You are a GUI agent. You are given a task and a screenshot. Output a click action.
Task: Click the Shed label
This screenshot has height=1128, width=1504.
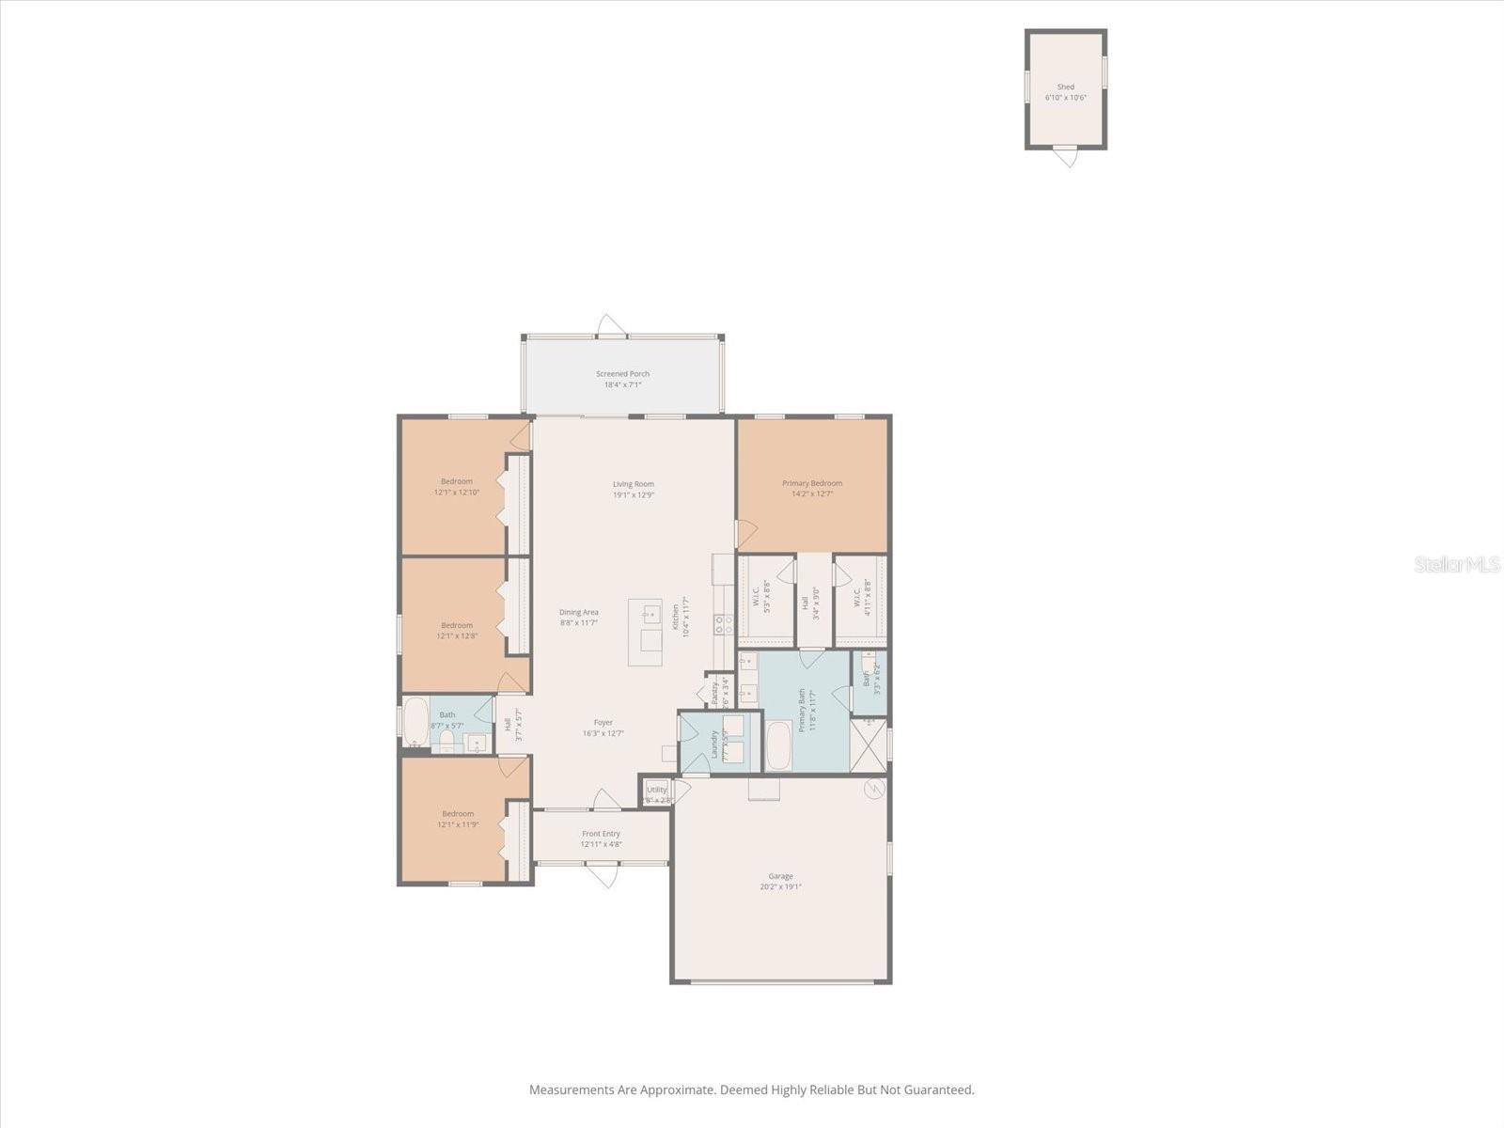coord(1065,86)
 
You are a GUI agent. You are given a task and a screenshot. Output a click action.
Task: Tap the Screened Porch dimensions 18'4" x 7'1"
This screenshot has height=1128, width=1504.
coord(622,384)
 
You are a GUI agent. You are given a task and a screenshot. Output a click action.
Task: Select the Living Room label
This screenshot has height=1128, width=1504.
coord(634,484)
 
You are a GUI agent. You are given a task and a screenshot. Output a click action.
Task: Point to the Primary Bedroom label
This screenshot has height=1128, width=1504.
coord(812,483)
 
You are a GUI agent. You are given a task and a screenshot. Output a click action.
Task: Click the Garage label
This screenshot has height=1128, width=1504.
coord(780,876)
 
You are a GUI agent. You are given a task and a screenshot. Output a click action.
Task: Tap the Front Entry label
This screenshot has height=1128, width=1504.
coord(601,834)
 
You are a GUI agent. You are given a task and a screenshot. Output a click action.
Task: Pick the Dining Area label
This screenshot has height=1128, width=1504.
coord(579,612)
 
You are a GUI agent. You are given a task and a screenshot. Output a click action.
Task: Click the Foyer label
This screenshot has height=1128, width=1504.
coord(603,723)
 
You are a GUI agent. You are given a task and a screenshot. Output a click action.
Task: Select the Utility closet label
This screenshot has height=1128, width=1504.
coord(656,790)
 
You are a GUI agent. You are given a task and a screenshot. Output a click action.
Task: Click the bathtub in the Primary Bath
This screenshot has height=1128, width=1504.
coord(778,745)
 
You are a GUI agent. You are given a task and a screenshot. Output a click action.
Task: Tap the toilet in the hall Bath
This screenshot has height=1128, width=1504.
coord(447,744)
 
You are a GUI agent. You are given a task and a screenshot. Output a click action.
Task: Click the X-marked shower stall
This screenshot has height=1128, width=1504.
coord(869,746)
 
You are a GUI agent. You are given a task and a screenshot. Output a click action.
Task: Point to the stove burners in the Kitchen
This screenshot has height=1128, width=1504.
coord(722,625)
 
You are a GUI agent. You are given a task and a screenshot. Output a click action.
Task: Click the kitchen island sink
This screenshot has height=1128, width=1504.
coord(651,616)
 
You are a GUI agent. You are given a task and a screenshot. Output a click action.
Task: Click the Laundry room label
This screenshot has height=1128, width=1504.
coord(714,744)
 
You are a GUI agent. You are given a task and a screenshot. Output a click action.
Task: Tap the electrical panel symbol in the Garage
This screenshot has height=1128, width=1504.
coord(874,789)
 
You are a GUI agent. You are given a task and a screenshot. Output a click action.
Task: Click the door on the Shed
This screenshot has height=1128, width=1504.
coord(1065,154)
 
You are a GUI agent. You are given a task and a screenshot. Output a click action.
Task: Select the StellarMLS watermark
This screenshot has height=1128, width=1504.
coord(1457,564)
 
